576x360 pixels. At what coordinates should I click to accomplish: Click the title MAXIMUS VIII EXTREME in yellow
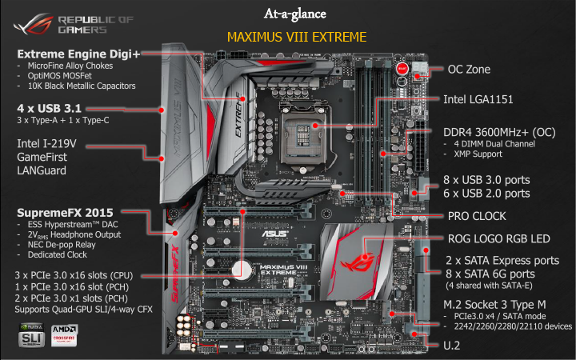pos(297,37)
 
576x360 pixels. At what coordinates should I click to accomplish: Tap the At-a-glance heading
pos(295,14)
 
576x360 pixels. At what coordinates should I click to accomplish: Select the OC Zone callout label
pos(469,70)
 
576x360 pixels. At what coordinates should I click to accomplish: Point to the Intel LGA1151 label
pos(478,99)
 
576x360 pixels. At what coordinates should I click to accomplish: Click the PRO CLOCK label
pos(477,216)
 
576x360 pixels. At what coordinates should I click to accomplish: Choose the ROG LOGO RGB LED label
pos(498,238)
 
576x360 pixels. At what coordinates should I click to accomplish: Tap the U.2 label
pos(451,346)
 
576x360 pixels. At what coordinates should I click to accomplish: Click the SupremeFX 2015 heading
pos(65,213)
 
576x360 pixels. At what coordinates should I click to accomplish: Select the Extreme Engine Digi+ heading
pos(78,54)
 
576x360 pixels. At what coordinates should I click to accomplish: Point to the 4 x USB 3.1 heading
pos(50,108)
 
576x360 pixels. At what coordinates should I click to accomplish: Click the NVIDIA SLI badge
pos(31,334)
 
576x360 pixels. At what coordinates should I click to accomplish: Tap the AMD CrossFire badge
pos(64,334)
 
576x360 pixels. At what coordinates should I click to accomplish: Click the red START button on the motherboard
pos(402,68)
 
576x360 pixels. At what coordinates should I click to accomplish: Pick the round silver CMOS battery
pos(242,270)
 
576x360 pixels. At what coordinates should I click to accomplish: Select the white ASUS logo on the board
pos(275,234)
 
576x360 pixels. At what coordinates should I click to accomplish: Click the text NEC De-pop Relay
pos(62,245)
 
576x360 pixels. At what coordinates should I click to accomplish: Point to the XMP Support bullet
pos(478,154)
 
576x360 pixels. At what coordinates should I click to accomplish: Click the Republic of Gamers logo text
pos(95,24)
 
